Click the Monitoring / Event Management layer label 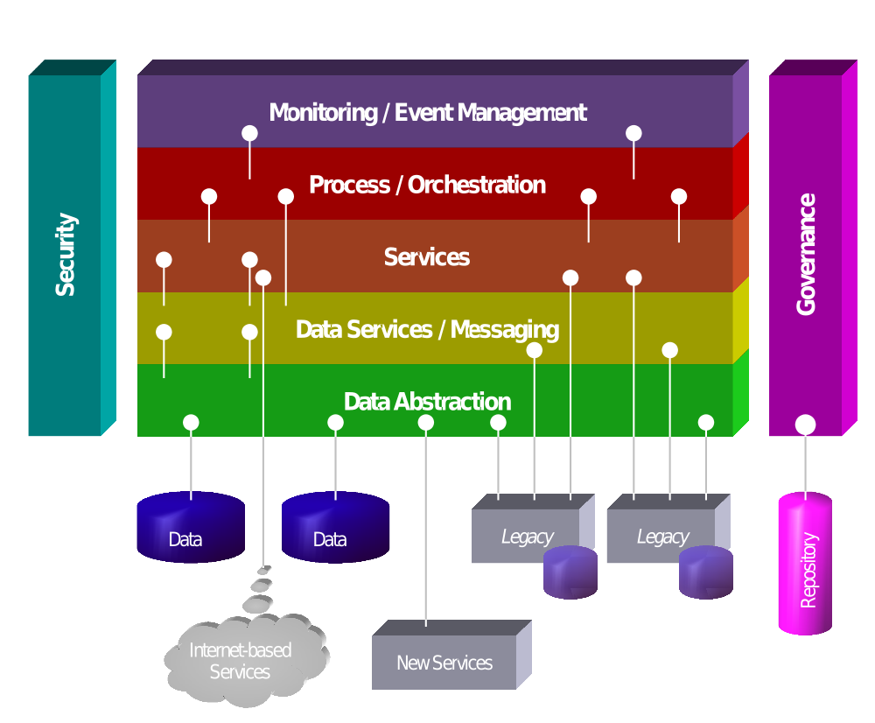[427, 113]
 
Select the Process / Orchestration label [427, 185]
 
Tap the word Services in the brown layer [427, 257]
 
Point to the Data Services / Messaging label [427, 330]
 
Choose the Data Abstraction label [427, 402]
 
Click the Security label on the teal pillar [66, 254]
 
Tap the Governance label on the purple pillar [806, 254]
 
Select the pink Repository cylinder [805, 565]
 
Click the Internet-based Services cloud [241, 661]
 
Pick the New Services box [444, 663]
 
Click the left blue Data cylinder [191, 528]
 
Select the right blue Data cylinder [335, 528]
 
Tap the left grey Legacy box [525, 530]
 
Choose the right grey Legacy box [661, 530]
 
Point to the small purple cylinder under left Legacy [570, 572]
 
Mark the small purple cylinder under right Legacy [706, 572]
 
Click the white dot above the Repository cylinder [806, 425]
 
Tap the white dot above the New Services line [426, 423]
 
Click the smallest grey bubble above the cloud [264, 570]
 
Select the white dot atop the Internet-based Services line [263, 278]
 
